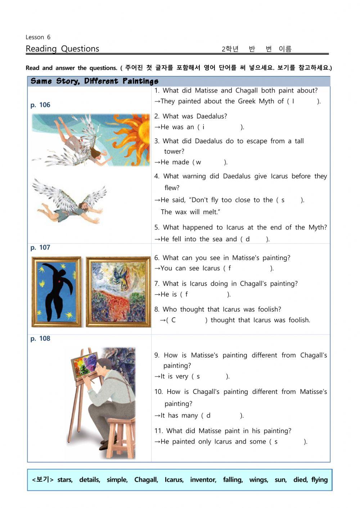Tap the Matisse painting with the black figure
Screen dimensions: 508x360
click(x=57, y=292)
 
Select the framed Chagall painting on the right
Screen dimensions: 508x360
click(x=118, y=292)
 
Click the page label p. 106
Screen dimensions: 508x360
click(x=40, y=105)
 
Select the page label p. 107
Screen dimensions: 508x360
click(x=40, y=248)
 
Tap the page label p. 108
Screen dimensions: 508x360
click(x=40, y=339)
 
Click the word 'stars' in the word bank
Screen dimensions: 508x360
click(x=65, y=480)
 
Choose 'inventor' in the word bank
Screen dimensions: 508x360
click(x=203, y=480)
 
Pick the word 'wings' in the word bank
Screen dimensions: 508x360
click(x=258, y=480)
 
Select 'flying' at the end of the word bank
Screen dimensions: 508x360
click(x=319, y=480)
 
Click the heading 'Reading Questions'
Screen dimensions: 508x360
click(x=62, y=49)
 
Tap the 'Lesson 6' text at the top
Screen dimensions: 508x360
click(x=38, y=37)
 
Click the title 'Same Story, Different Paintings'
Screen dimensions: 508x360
click(x=94, y=81)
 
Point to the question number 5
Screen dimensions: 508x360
click(x=157, y=228)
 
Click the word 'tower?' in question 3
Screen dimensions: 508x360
click(x=174, y=152)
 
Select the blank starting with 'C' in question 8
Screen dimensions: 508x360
click(x=187, y=320)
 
